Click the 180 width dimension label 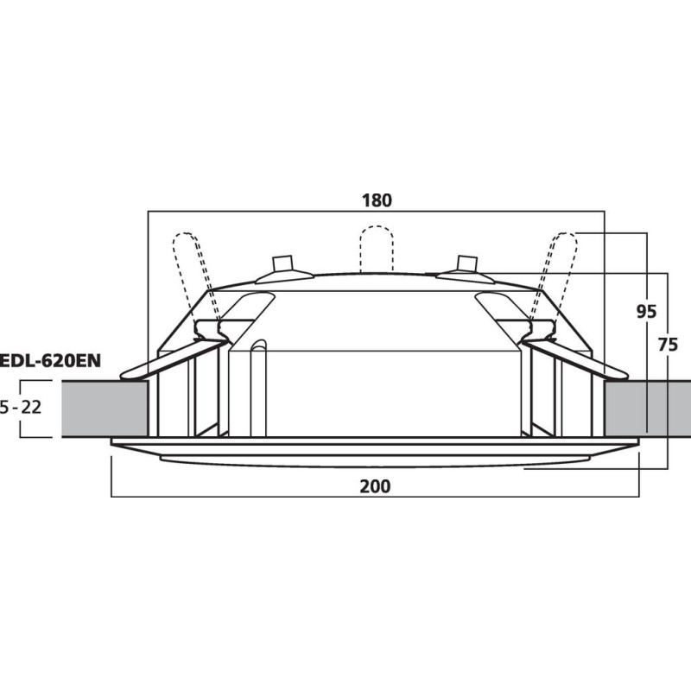point(377,200)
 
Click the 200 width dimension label point(375,486)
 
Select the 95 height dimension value point(646,312)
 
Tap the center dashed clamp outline point(377,249)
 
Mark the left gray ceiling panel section point(104,409)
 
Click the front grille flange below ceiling point(375,450)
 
